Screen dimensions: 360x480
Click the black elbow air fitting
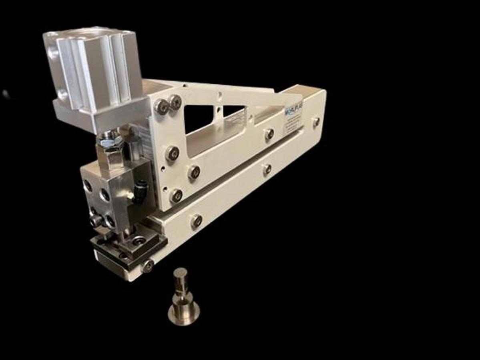(141, 187)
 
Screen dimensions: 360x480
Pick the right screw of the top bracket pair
(175, 102)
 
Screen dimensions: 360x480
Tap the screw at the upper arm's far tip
(316, 122)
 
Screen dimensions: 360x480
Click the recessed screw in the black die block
(139, 240)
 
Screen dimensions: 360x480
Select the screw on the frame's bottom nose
(148, 265)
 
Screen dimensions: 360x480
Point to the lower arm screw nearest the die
(196, 221)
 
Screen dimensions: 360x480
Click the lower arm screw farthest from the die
(267, 170)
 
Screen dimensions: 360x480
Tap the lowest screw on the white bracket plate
(176, 196)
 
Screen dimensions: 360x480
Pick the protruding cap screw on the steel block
(96, 220)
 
